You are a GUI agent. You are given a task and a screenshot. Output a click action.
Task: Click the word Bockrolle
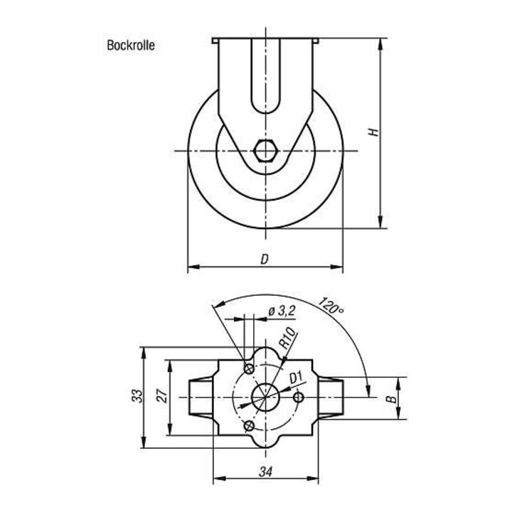tap(131, 46)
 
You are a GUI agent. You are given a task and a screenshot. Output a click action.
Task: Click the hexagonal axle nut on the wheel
tap(265, 151)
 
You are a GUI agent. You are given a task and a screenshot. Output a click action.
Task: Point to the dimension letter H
tap(374, 132)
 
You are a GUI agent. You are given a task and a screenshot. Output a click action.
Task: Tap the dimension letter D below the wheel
tap(265, 260)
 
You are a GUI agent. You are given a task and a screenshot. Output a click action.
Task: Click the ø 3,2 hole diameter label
tap(282, 311)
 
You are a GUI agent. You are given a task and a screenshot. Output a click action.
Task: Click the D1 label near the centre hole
tap(297, 378)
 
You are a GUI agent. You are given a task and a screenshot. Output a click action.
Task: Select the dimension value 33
tap(138, 396)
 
